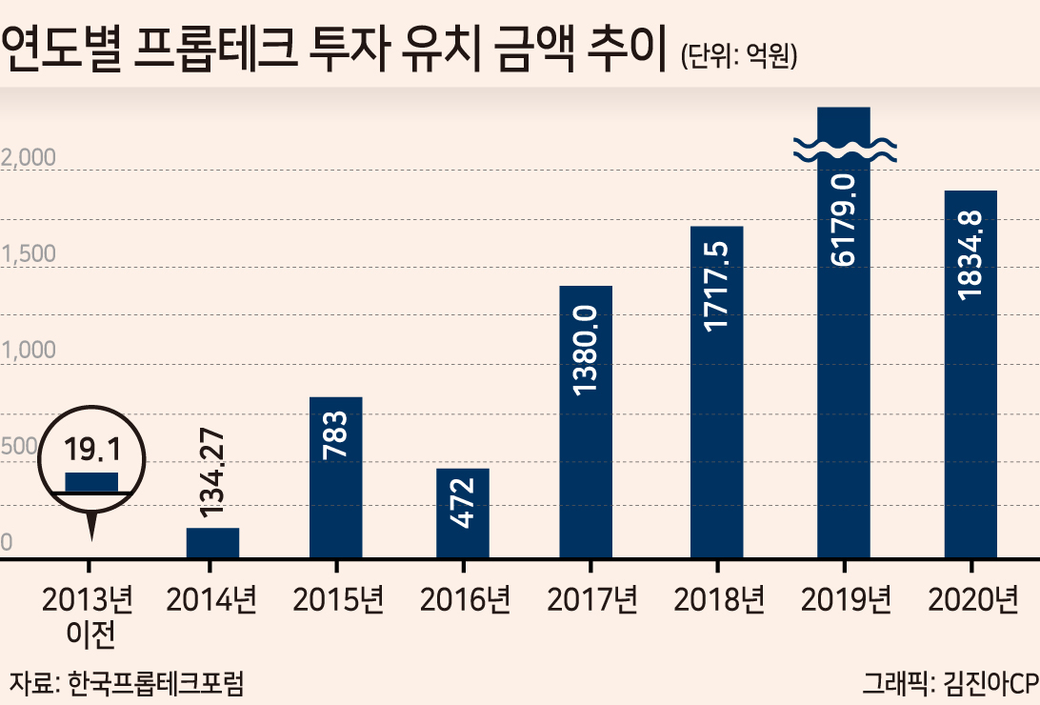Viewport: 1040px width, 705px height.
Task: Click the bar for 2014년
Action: coord(212,542)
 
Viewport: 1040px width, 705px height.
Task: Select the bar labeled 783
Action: coord(335,477)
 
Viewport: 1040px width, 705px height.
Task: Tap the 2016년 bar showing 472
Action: coord(462,514)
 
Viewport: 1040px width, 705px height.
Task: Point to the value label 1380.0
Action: coord(585,351)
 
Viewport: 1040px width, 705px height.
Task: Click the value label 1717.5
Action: coord(716,286)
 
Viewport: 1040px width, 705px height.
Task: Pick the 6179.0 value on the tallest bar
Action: coord(843,220)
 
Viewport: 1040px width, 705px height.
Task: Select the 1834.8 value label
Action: coord(970,255)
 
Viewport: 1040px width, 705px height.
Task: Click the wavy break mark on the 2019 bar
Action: coord(845,151)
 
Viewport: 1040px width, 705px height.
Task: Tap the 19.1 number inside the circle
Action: coord(92,449)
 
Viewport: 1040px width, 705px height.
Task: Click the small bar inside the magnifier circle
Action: coord(91,482)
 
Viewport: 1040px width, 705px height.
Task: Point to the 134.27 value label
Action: coord(211,473)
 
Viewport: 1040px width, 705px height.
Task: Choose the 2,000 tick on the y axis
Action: coord(28,158)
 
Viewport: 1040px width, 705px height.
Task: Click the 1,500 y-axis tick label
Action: coord(28,254)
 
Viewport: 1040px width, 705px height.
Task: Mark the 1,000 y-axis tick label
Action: coord(28,351)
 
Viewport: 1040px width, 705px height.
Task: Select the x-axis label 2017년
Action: coord(591,599)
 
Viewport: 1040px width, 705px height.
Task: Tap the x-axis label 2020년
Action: coord(972,599)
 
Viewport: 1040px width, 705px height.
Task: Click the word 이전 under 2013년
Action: coord(90,634)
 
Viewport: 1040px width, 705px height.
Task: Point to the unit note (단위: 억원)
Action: coord(739,55)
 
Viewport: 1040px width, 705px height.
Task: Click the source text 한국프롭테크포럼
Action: coord(156,683)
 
